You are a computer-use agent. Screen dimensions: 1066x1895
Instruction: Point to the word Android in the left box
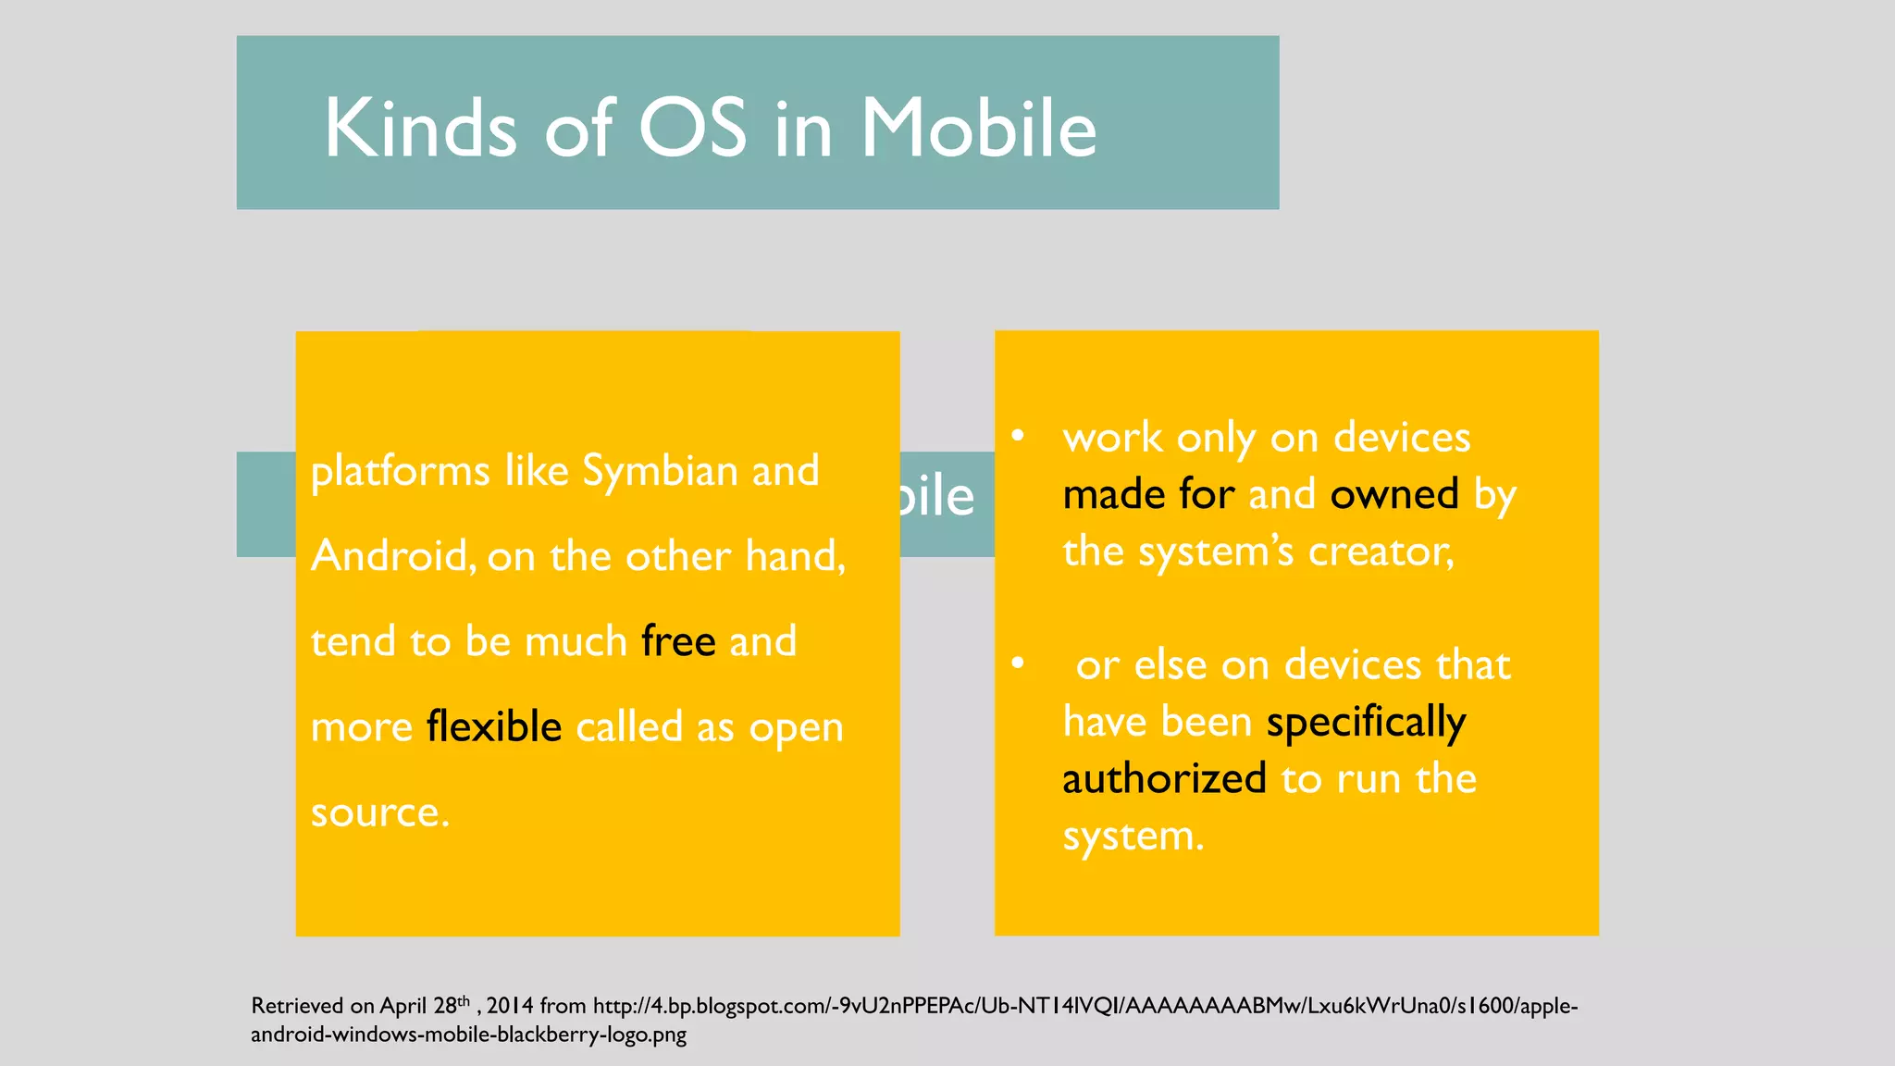tap(393, 556)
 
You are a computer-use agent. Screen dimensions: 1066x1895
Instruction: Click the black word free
tap(678, 641)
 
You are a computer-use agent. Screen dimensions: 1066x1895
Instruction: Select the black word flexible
tap(494, 726)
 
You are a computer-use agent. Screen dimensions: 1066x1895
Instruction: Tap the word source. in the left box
tap(380, 812)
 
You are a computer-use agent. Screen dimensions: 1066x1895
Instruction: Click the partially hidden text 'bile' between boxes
tap(936, 497)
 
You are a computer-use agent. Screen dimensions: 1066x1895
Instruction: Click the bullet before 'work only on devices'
tap(1018, 436)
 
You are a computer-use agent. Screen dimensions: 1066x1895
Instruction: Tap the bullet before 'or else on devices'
tap(1018, 663)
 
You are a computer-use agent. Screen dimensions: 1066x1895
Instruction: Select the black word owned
tap(1394, 494)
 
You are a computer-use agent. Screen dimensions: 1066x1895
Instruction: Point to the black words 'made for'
tap(1148, 494)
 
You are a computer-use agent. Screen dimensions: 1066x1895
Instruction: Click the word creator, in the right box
tap(1381, 552)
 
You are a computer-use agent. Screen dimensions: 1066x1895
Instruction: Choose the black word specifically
tap(1366, 723)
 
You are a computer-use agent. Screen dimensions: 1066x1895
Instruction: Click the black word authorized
tap(1164, 779)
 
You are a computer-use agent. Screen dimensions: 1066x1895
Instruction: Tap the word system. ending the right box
tap(1133, 837)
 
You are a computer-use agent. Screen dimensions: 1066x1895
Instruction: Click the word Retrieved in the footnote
tap(298, 1006)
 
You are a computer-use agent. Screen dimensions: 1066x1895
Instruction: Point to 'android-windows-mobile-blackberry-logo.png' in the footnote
tap(468, 1035)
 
